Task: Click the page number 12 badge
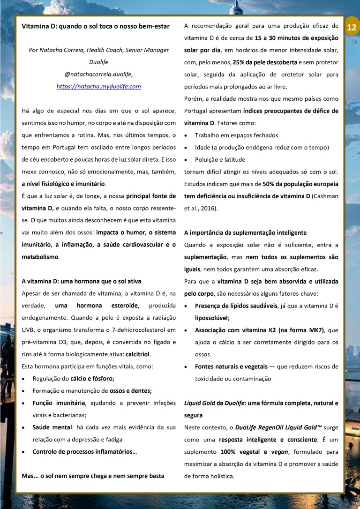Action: click(x=352, y=28)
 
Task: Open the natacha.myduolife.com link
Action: click(x=98, y=86)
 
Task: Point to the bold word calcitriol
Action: click(x=141, y=354)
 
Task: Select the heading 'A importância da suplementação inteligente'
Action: click(x=245, y=232)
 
